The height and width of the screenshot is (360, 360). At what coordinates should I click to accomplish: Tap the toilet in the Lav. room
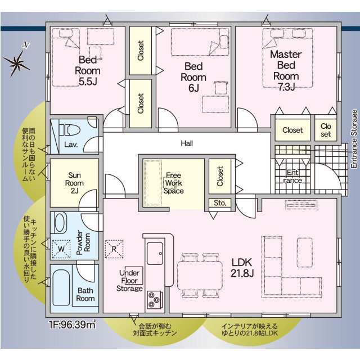(69, 130)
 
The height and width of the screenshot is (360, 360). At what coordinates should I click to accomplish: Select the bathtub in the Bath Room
(61, 287)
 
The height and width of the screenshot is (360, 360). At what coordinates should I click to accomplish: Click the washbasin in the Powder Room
(60, 223)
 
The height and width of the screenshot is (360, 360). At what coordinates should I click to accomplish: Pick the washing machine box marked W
(61, 249)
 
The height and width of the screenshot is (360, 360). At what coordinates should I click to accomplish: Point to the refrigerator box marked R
(114, 249)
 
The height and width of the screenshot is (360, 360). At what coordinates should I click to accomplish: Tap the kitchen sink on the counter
(155, 254)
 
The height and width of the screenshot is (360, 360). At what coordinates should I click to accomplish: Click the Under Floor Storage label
(129, 281)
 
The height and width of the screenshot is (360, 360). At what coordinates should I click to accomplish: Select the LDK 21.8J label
(242, 268)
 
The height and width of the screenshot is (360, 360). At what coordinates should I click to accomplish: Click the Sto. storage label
(220, 203)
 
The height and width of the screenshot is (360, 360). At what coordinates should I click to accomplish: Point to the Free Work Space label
(174, 183)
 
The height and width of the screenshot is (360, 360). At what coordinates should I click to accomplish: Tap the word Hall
(187, 143)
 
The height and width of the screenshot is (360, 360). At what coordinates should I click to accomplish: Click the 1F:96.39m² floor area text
(72, 325)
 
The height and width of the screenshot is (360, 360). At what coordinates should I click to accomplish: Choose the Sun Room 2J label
(74, 183)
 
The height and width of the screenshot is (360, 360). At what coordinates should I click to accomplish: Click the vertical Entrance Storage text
(354, 139)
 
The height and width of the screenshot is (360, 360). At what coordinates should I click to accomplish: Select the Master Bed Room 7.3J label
(286, 70)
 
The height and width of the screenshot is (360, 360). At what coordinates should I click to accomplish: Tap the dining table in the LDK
(200, 276)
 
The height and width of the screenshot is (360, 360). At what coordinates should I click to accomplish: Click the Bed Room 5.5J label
(88, 71)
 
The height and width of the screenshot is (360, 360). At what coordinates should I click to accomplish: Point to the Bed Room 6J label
(193, 77)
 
